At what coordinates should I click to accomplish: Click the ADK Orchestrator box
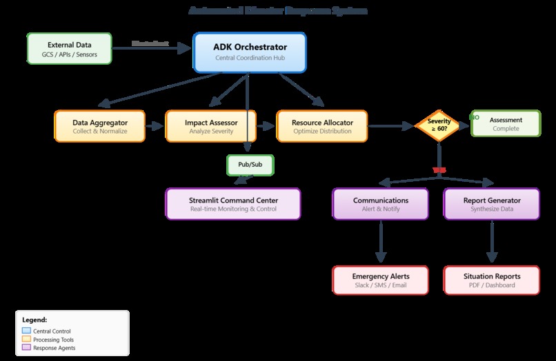(x=250, y=52)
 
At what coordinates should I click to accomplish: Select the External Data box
(x=69, y=49)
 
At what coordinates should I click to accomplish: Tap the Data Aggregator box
(x=100, y=126)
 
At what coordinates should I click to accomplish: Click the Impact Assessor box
(x=211, y=126)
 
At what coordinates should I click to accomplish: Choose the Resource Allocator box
(x=323, y=126)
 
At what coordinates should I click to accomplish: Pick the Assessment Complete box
(x=506, y=124)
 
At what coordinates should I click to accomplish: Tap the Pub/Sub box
(x=250, y=165)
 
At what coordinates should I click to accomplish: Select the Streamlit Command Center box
(x=233, y=204)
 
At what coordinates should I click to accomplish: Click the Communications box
(x=381, y=204)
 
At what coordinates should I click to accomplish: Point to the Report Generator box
(x=492, y=204)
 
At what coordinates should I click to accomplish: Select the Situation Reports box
(x=492, y=280)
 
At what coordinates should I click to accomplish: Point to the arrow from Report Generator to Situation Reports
(x=492, y=243)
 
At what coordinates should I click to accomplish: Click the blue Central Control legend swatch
(x=27, y=331)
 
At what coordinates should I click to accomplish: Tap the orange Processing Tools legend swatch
(x=27, y=340)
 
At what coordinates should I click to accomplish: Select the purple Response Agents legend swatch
(x=27, y=348)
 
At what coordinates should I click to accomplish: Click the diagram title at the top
(x=278, y=11)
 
